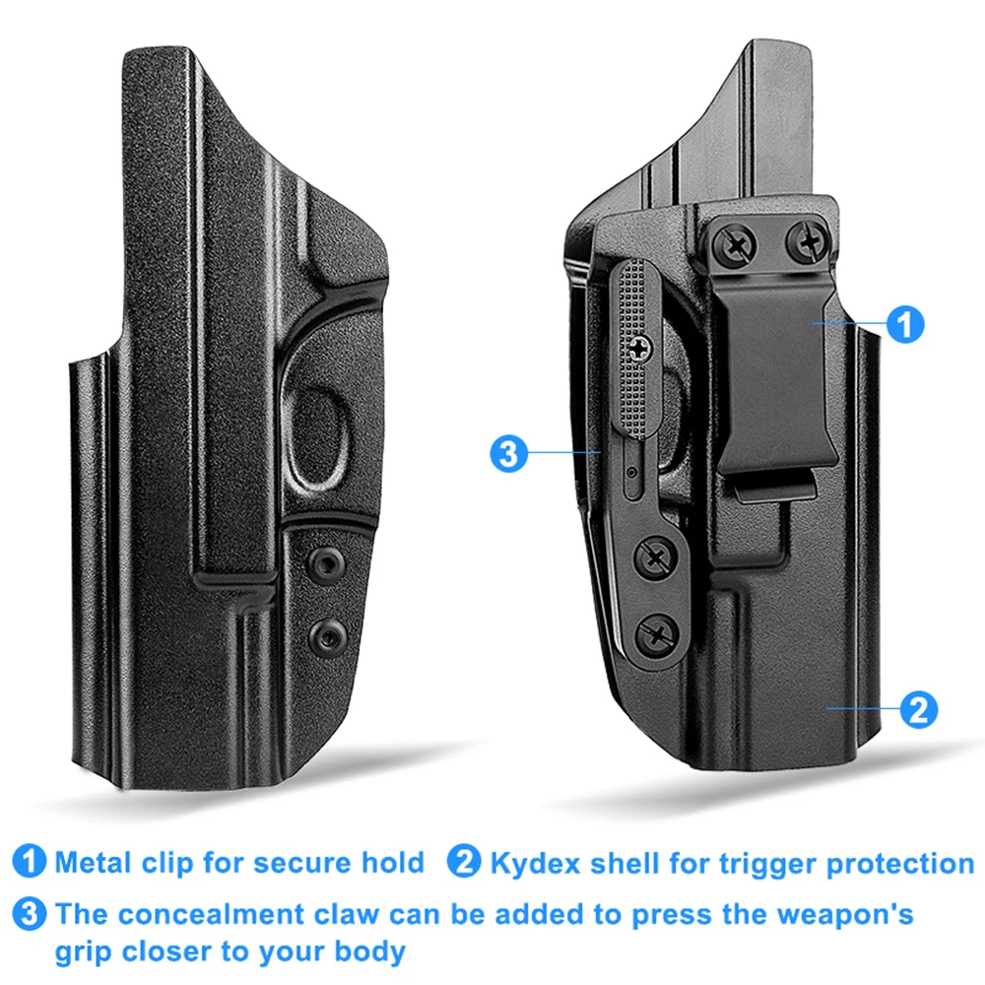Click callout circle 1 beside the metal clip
[905, 324]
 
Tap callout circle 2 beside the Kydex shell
[918, 710]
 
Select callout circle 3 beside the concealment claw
[509, 453]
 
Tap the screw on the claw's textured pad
[640, 349]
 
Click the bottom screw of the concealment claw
[655, 634]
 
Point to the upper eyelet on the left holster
[326, 564]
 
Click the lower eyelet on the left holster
[327, 638]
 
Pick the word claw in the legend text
[347, 914]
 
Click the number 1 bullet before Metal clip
[29, 861]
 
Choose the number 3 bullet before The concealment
[29, 913]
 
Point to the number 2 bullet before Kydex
[464, 861]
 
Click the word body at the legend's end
[370, 952]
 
